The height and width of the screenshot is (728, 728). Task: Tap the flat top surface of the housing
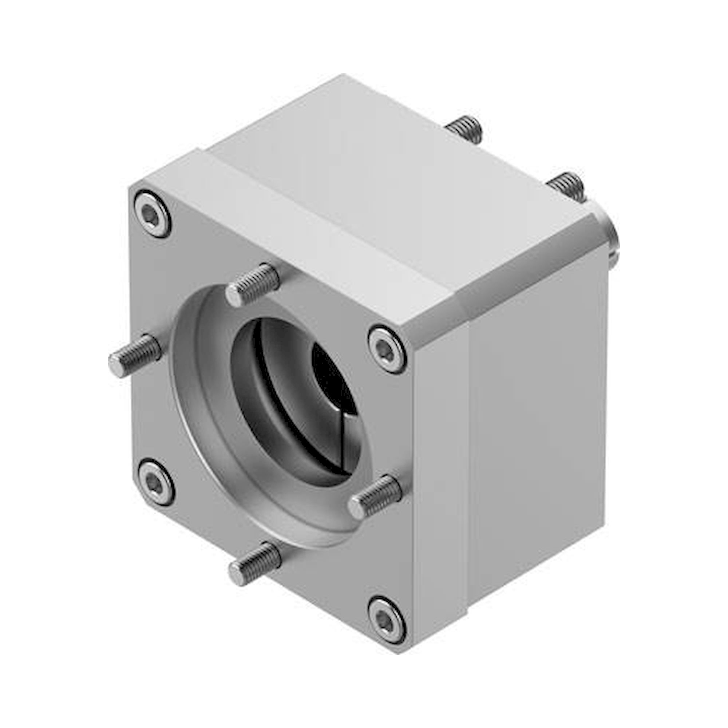396,181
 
